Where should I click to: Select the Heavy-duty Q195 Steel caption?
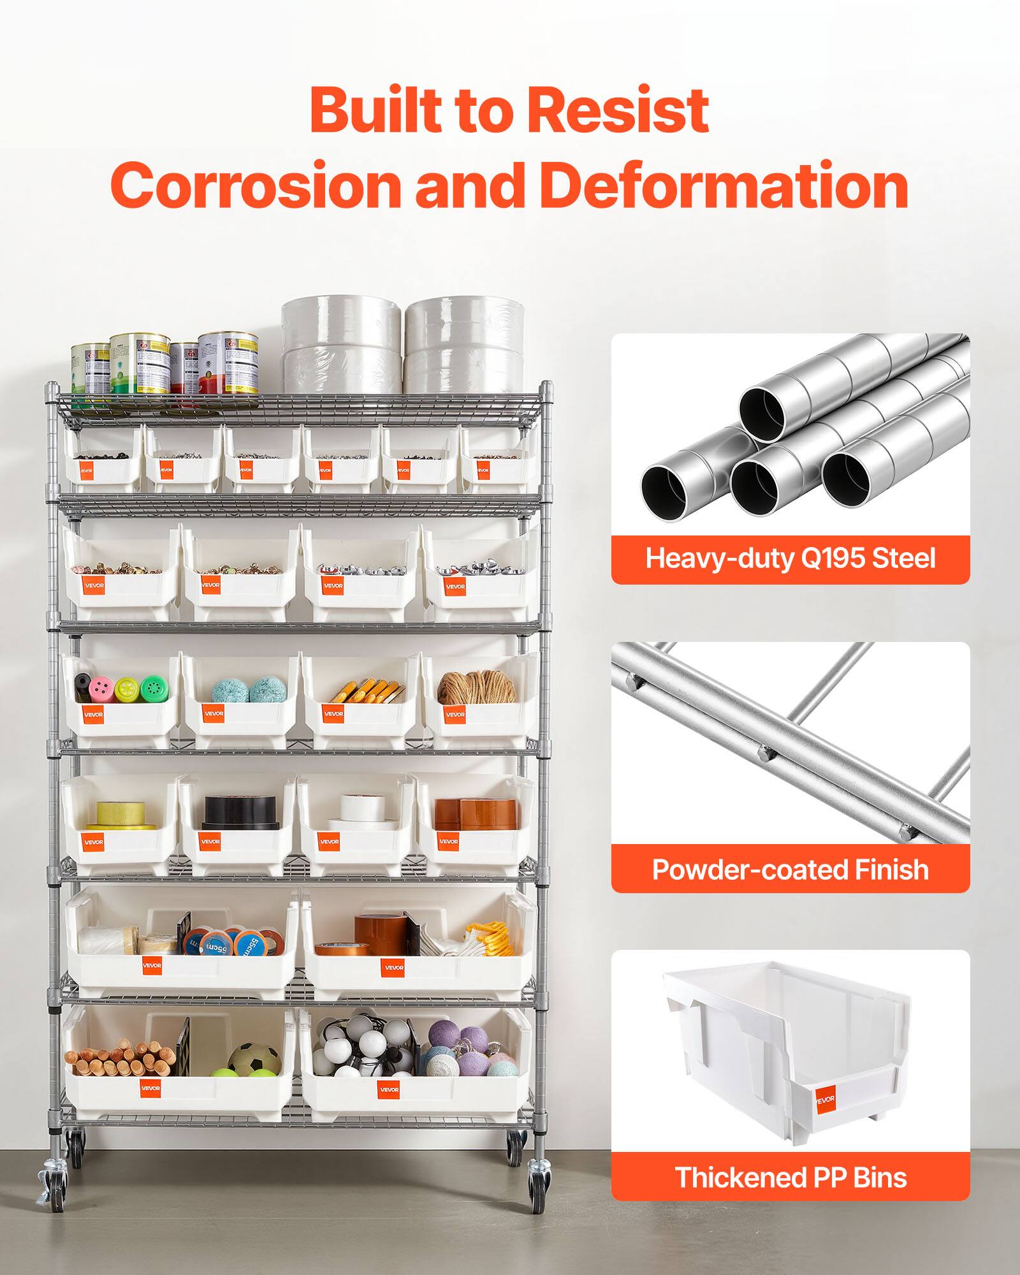pyautogui.click(x=790, y=559)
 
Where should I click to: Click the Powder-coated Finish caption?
pyautogui.click(x=790, y=870)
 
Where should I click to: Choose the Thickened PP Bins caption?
pyautogui.click(x=790, y=1177)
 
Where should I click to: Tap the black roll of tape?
pyautogui.click(x=242, y=812)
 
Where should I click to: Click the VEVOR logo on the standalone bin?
pyautogui.click(x=824, y=1098)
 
